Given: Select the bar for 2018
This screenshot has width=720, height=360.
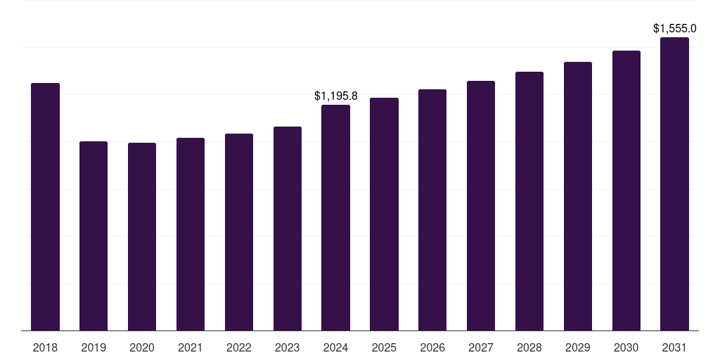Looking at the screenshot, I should pos(45,207).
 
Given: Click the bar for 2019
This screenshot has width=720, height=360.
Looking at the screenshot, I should pos(94,236).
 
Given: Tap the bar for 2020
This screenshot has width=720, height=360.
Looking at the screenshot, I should pos(142,236).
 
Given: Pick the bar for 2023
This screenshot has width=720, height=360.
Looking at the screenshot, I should pos(288,229).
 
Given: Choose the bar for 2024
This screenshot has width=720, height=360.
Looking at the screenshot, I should pos(336,217).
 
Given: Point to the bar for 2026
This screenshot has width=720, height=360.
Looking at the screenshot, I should pos(432,210).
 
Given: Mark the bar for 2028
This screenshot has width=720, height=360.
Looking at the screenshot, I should pos(529,201).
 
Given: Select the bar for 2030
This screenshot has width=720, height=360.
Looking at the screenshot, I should pos(626,191).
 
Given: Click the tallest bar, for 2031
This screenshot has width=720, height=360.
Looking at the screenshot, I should pos(675,184).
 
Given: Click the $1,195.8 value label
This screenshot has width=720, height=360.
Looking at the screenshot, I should pos(336,96).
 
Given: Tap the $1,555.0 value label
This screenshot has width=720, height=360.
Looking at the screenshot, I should pos(675,28).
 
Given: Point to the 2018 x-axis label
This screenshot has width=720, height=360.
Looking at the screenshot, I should pos(45,347).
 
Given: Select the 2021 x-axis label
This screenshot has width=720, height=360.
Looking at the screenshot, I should pos(191,347).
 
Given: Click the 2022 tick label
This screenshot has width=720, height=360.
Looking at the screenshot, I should pos(239,347).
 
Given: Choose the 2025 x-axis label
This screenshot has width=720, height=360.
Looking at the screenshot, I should pos(385,347).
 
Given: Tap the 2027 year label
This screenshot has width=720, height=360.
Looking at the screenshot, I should pos(481,347).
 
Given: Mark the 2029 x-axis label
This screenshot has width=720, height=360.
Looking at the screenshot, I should pos(578,347).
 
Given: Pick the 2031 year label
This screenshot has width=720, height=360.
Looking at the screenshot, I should pos(675,347).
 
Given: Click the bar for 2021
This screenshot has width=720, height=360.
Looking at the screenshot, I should pos(191,234).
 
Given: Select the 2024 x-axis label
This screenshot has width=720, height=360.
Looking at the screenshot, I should pos(336,347).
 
